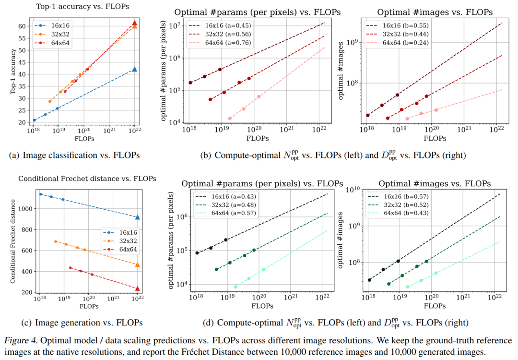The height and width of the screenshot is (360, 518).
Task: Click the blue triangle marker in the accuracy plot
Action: (x=135, y=69)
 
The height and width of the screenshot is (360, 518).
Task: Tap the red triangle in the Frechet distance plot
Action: (x=138, y=288)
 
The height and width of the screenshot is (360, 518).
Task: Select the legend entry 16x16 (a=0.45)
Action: (x=225, y=26)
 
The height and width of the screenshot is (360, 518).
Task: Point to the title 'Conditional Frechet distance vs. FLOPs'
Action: (x=87, y=179)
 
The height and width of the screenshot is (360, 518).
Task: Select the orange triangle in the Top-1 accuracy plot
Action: (x=135, y=26)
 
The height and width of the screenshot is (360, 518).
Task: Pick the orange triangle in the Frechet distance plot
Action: (x=138, y=264)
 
